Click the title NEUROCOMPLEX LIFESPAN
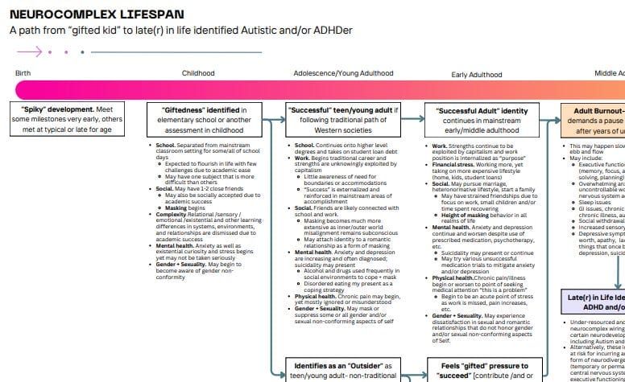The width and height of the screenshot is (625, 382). (x=97, y=14)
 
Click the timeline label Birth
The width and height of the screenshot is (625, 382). (x=23, y=73)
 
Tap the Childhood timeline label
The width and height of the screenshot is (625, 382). (x=198, y=73)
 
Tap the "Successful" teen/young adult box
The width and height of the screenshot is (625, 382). (x=343, y=119)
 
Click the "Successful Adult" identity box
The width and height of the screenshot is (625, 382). (x=482, y=119)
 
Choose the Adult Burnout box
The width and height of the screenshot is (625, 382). (x=596, y=119)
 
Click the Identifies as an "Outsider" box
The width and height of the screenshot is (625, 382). (x=343, y=371)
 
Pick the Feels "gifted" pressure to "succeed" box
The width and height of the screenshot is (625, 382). (x=482, y=371)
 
